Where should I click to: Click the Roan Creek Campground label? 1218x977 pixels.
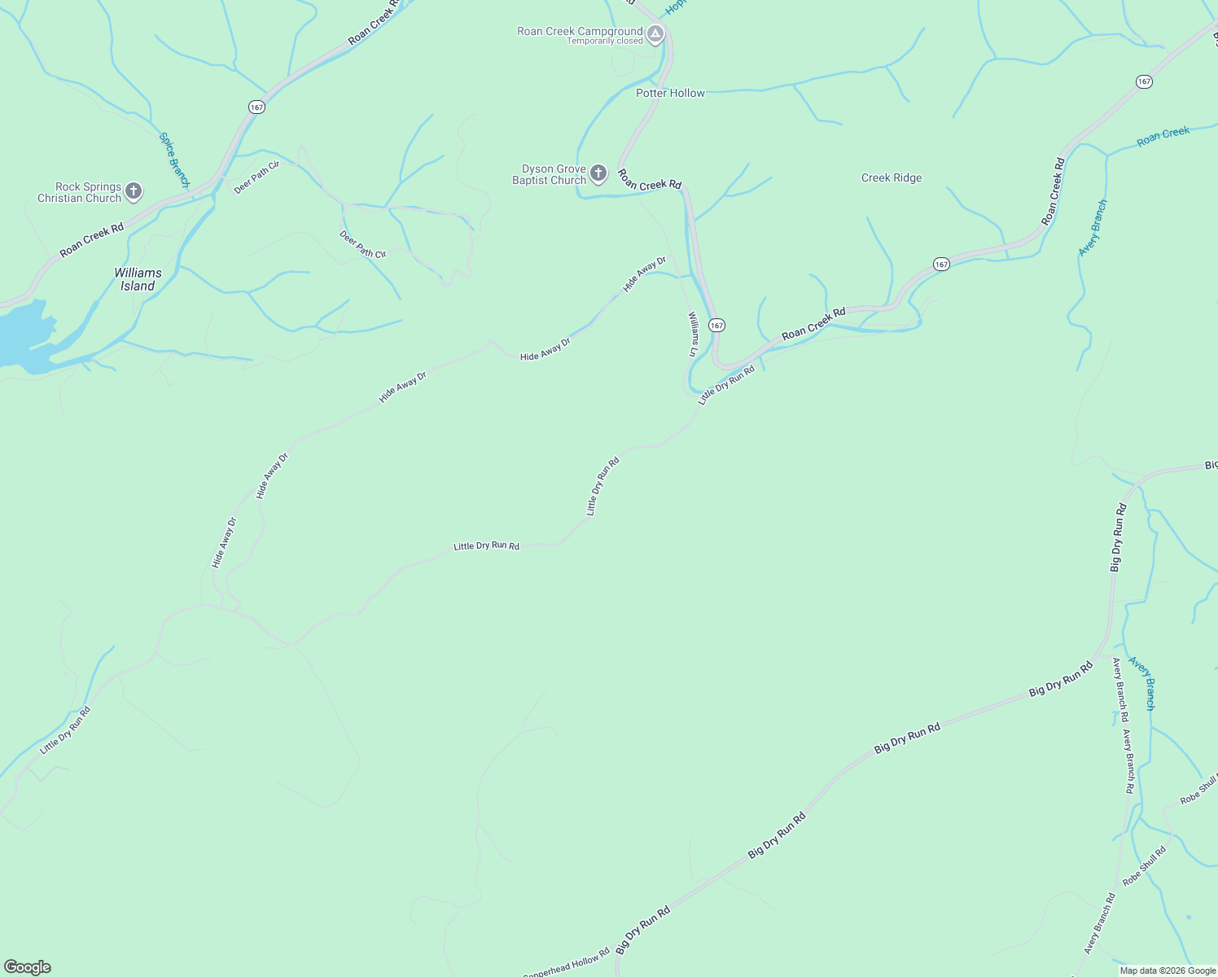tap(580, 32)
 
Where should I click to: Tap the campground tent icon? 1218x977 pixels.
tap(656, 34)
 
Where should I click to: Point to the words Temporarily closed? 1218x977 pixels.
tap(605, 42)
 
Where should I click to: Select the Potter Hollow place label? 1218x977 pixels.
tap(670, 94)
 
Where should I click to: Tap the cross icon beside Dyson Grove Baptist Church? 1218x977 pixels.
tap(598, 173)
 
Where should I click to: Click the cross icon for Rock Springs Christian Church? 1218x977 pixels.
tap(134, 192)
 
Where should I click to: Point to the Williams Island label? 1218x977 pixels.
tap(138, 279)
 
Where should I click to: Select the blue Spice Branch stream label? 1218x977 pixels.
tap(174, 160)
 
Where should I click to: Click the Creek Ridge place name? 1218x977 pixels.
tap(892, 178)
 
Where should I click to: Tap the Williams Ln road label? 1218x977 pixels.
tap(693, 334)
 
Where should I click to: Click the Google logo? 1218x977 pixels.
tap(27, 967)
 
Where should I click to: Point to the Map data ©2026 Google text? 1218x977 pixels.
tap(1168, 970)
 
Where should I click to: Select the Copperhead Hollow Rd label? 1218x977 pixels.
tap(567, 962)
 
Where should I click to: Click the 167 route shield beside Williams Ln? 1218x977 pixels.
tap(716, 326)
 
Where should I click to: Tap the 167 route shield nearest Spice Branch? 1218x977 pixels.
tap(257, 107)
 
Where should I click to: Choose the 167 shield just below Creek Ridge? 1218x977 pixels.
tap(941, 265)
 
